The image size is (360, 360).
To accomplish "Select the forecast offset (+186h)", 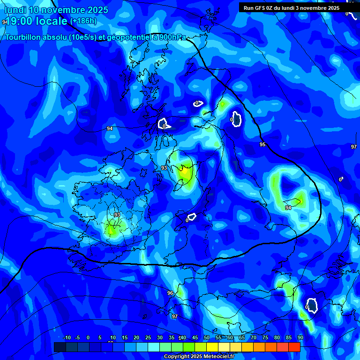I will coord(83,21).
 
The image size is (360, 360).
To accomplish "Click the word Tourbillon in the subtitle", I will coord(25,37).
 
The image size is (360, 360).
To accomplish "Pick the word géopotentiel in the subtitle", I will coord(126,37).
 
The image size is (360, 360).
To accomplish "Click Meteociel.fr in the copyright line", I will coord(215,357).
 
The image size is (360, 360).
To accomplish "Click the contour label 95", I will coord(262,144).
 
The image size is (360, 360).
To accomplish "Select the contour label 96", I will coord(170,293).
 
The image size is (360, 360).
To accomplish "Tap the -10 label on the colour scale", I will coord(67,337).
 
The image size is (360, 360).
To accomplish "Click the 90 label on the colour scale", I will coord(300,337).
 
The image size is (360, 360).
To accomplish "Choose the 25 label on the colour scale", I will coord(148,337).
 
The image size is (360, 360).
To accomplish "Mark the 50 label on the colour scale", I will coord(207,337).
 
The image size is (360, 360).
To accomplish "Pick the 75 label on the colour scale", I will coord(265,337).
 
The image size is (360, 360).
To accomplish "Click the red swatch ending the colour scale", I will coord(294,347).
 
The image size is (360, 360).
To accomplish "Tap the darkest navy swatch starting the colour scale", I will coord(60,347).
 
